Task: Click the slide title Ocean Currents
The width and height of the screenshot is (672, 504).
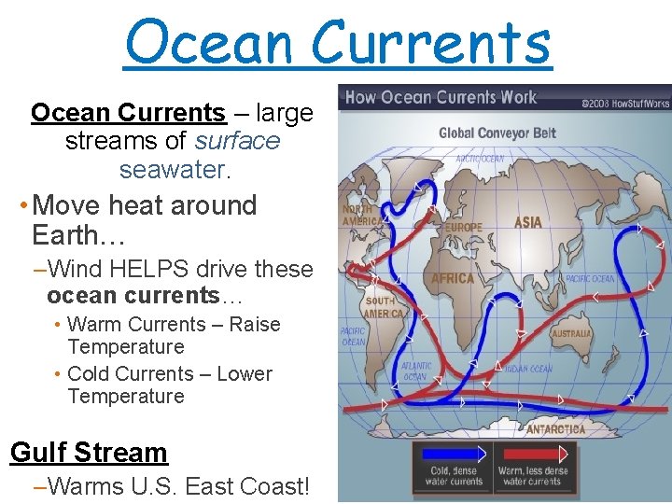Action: click(x=338, y=42)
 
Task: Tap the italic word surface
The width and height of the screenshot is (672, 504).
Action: click(x=238, y=141)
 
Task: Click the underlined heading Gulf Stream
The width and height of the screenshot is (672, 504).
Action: click(x=89, y=453)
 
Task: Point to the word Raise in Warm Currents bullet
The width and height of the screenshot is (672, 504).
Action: click(x=255, y=325)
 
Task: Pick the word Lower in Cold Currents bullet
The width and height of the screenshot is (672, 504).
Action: click(x=245, y=373)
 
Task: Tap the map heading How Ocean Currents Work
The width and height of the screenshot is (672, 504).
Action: click(x=441, y=97)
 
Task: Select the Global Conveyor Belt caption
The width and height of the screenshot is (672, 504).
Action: click(x=497, y=133)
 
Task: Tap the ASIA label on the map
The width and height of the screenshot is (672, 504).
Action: click(x=527, y=223)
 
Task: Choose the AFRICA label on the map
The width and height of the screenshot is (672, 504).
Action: click(x=453, y=278)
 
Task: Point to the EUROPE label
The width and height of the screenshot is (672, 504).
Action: click(x=464, y=227)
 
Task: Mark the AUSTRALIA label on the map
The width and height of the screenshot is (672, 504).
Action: click(x=570, y=333)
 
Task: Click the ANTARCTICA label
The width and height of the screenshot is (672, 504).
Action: click(x=555, y=429)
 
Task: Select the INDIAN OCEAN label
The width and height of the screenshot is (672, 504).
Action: click(x=529, y=369)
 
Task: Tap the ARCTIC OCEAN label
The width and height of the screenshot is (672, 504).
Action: click(x=480, y=158)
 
